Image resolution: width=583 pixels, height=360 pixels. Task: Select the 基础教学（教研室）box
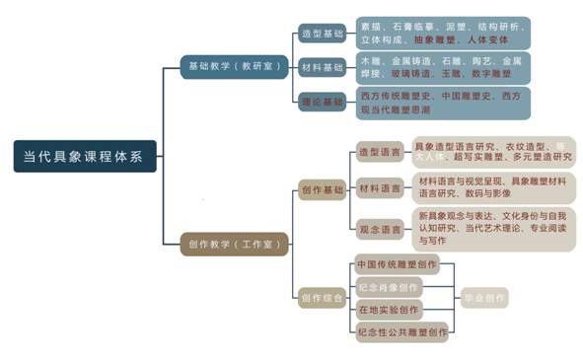(234, 67)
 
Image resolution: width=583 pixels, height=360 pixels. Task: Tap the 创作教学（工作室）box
(234, 244)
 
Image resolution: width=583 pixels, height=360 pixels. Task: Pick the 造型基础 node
(322, 34)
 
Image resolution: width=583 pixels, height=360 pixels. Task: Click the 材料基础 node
(322, 67)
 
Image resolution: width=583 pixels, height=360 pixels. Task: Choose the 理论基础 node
(322, 100)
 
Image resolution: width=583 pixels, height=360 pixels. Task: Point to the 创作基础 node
(322, 188)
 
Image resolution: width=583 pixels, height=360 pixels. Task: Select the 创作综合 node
(322, 298)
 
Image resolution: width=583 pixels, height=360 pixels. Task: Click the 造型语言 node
(379, 152)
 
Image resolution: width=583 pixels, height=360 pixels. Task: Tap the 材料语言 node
(379, 187)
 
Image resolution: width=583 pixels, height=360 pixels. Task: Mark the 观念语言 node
(379, 229)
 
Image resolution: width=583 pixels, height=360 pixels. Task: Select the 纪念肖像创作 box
(388, 288)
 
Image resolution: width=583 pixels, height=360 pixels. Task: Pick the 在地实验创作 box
(388, 311)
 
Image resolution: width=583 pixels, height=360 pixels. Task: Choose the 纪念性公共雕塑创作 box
(401, 333)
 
